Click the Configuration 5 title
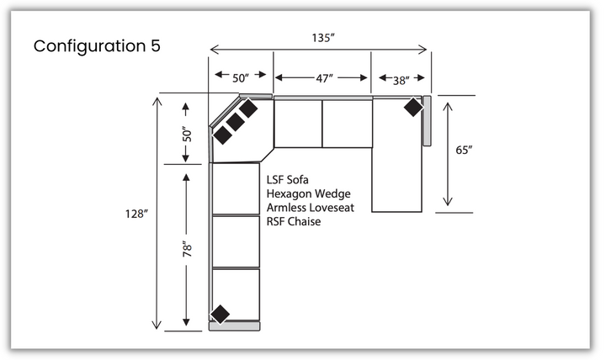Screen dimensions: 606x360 [x=97, y=46]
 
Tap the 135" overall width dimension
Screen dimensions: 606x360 [x=323, y=38]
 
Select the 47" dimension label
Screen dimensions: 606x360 [x=324, y=78]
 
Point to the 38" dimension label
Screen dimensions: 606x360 [x=401, y=81]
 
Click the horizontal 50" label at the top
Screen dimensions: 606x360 [x=241, y=78]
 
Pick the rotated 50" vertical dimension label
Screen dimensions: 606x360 [x=187, y=135]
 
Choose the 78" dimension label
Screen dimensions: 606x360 [x=187, y=249]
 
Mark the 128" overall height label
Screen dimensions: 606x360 [x=136, y=214]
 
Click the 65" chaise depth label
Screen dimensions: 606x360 [x=464, y=150]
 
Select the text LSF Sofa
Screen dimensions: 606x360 [x=288, y=180]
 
